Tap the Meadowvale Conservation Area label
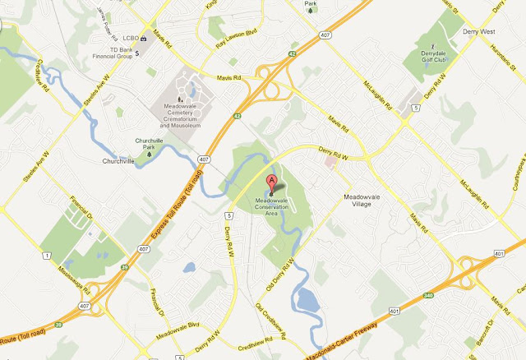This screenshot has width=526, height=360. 272,205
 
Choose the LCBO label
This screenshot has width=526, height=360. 127,38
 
